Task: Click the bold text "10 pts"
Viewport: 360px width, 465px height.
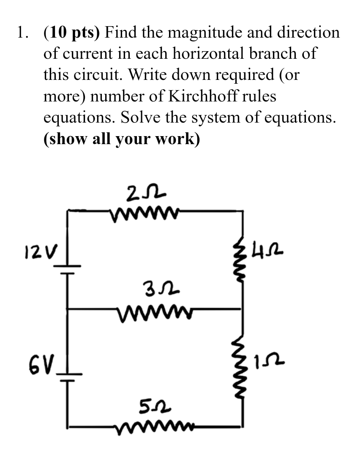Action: pyautogui.click(x=72, y=33)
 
